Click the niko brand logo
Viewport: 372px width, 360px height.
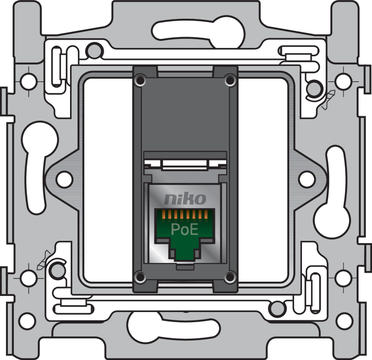[x=185, y=198]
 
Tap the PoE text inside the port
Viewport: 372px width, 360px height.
[x=184, y=229]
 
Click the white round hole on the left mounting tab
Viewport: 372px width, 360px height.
[x=64, y=179]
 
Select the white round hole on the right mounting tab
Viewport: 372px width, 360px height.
[x=307, y=179]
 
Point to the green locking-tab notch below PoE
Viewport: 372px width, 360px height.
[x=185, y=252]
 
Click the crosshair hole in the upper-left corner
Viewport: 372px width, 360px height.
[x=28, y=81]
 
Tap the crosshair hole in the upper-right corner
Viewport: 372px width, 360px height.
[x=343, y=81]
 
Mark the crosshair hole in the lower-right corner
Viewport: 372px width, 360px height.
[x=343, y=278]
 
